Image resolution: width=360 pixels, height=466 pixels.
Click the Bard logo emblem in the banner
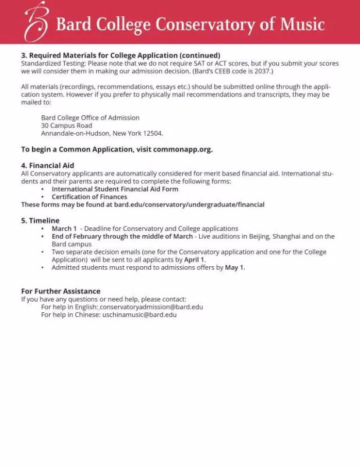(x=36, y=22)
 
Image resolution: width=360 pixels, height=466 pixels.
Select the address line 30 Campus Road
(x=66, y=125)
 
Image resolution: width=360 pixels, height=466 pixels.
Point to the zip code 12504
(x=153, y=133)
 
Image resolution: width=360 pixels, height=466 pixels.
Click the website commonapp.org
(x=183, y=149)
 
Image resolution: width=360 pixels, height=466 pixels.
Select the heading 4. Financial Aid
(x=48, y=165)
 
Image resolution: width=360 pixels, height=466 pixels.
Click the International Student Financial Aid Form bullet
(x=115, y=189)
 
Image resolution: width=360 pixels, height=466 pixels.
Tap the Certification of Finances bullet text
(x=89, y=197)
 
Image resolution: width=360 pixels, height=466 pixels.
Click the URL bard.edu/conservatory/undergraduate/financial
(x=189, y=205)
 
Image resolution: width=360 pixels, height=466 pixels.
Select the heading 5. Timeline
(x=40, y=221)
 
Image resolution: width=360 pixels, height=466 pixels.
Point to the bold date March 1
(x=64, y=229)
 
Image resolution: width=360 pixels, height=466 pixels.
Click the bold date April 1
(x=195, y=260)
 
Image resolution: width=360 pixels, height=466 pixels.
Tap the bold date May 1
(x=235, y=268)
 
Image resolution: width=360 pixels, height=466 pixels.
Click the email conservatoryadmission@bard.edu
(x=151, y=307)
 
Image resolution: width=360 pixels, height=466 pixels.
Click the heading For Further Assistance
(x=61, y=291)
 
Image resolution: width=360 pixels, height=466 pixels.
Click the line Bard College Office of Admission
(x=90, y=118)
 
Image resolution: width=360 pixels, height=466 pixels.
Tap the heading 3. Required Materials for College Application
(x=121, y=55)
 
